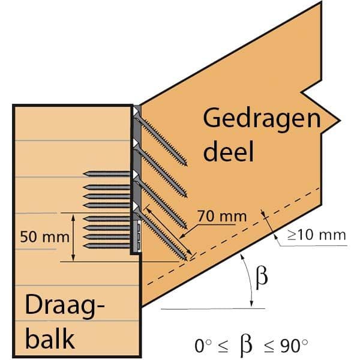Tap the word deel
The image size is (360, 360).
click(x=229, y=151)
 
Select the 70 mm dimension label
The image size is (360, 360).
click(x=222, y=216)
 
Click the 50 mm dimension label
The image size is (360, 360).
click(x=44, y=237)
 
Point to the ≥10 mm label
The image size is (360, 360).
click(x=317, y=235)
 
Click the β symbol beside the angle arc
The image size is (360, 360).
click(x=262, y=277)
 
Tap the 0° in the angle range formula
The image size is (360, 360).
click(x=203, y=346)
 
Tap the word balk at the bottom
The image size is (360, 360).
click(x=50, y=338)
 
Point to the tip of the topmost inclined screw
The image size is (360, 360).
click(x=187, y=165)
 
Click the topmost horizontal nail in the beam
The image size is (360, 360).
click(x=107, y=174)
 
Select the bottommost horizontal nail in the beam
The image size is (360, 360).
click(x=107, y=246)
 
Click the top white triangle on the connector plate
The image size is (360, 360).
click(x=136, y=112)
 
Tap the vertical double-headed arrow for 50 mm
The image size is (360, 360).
click(x=73, y=238)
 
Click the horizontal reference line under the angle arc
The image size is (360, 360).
click(x=213, y=309)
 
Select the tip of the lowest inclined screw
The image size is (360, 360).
click(x=187, y=260)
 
